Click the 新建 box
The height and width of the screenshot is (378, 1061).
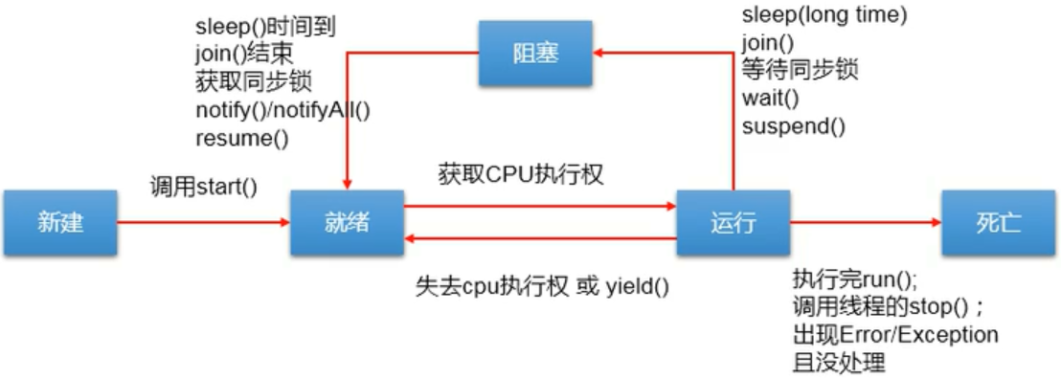(59, 223)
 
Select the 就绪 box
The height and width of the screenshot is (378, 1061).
(347, 223)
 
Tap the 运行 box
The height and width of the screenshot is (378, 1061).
(734, 223)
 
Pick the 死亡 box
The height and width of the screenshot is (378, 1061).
(999, 223)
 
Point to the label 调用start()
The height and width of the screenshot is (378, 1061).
(204, 186)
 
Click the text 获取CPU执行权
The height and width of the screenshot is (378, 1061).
(521, 175)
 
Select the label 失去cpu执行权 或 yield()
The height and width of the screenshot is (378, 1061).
(542, 286)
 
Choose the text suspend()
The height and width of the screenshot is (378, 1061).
(793, 125)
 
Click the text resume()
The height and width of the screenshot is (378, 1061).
(241, 138)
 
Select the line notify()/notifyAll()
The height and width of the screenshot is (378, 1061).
(282, 110)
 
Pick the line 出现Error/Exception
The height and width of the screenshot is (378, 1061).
(895, 335)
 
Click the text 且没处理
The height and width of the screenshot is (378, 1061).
(839, 363)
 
